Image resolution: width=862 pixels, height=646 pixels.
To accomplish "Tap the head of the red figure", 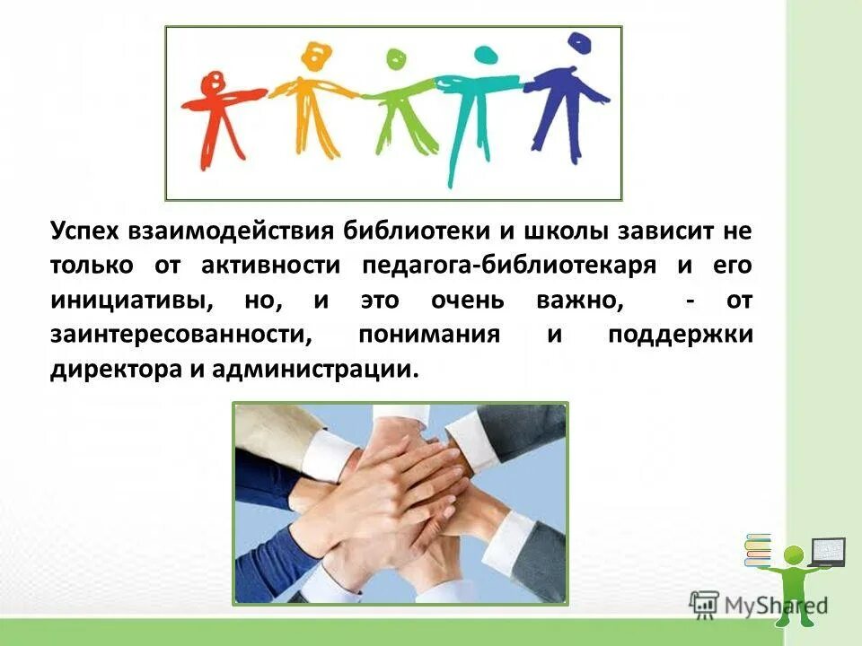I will [x=215, y=80].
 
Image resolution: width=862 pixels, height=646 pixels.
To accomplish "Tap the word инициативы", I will [x=131, y=300].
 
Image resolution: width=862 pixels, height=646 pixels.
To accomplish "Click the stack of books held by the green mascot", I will [x=759, y=550].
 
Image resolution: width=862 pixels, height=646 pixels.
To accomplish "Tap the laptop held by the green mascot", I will [x=828, y=550].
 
